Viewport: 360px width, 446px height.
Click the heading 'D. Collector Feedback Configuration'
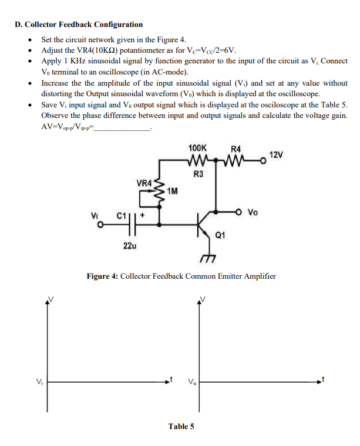[79, 25]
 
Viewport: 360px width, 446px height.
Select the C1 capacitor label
[121, 217]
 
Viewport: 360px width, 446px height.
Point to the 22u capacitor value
[130, 246]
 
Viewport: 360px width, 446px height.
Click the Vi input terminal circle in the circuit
[100, 224]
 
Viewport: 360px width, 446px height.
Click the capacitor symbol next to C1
[134, 224]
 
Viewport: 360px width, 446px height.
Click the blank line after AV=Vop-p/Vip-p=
[124, 127]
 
